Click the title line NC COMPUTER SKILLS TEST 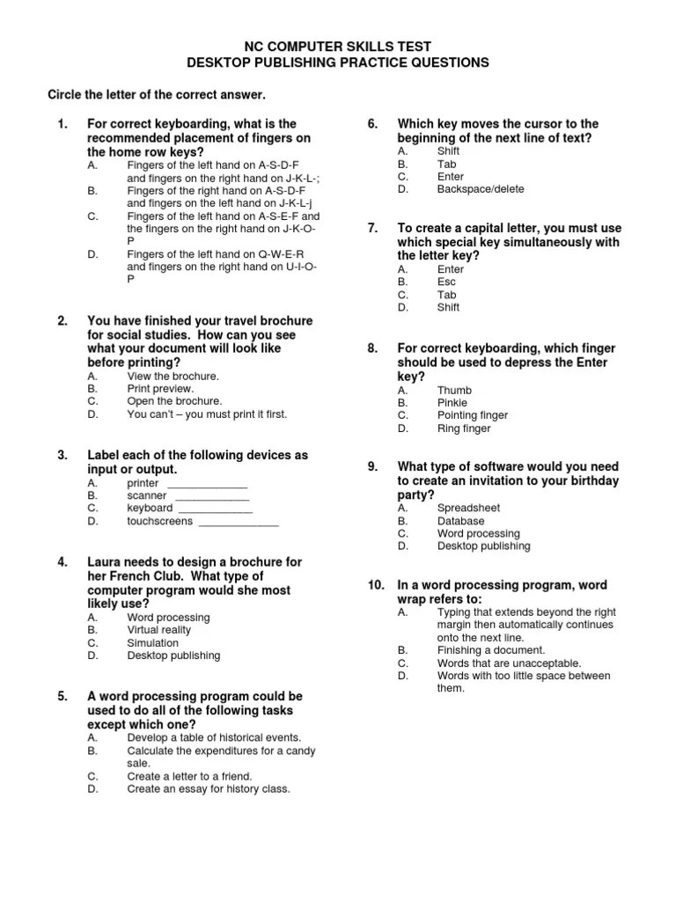tap(337, 46)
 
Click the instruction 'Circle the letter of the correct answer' tap(156, 93)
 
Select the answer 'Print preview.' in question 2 tap(160, 388)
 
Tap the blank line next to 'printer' tap(207, 484)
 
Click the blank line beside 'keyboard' tap(216, 509)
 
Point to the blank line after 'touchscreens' tap(239, 522)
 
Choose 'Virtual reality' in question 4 tap(158, 630)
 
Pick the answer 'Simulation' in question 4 tap(152, 643)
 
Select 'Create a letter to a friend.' tap(189, 776)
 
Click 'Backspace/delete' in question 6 tap(480, 189)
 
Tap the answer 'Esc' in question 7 tap(447, 282)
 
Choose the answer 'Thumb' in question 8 tap(454, 390)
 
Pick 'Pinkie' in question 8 tap(453, 402)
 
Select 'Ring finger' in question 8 tap(464, 429)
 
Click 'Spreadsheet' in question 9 tap(468, 508)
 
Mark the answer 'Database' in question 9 tap(460, 521)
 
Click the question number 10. tap(376, 585)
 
